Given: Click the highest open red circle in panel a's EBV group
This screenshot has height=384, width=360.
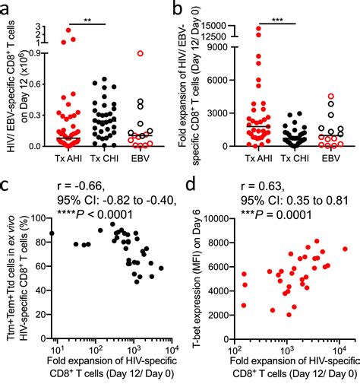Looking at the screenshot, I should (x=140, y=53).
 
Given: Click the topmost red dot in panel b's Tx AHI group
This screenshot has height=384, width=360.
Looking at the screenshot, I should (x=258, y=29).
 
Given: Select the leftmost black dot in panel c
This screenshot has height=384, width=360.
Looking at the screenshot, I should (x=52, y=233).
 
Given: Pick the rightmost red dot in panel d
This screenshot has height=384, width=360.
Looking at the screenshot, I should (x=345, y=248).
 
